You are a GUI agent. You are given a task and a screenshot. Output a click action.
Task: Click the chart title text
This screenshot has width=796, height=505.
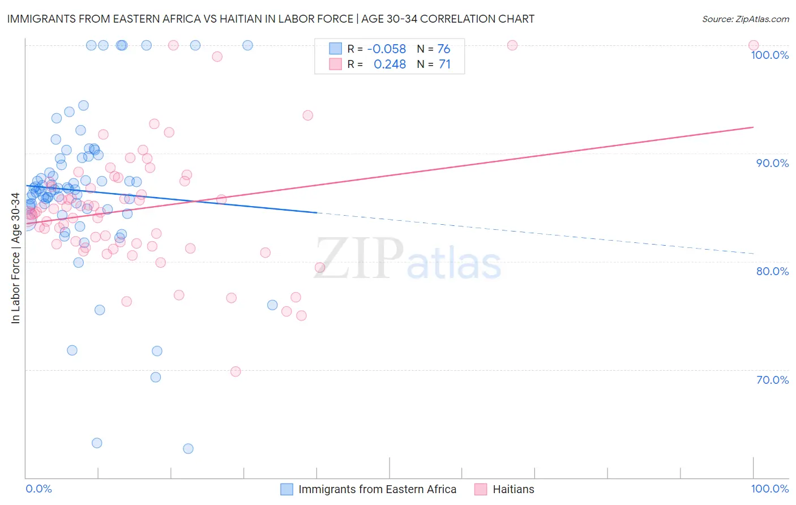(x=271, y=19)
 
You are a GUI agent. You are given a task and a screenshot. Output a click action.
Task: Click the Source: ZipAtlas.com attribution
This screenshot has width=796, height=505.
(x=745, y=19)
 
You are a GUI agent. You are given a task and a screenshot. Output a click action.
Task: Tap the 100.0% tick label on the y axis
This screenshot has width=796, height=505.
(x=769, y=55)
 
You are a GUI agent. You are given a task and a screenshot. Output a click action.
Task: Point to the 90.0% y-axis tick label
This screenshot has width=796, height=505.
(x=772, y=163)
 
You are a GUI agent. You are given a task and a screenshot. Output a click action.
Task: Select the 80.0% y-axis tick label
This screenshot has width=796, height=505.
(x=772, y=271)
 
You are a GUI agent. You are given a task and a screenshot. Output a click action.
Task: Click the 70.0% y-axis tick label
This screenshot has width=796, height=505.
(x=772, y=380)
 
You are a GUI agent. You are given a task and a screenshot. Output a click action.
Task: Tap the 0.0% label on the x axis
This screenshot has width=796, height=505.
(x=38, y=489)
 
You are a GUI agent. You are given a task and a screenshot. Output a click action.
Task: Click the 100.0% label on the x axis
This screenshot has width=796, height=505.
(x=769, y=489)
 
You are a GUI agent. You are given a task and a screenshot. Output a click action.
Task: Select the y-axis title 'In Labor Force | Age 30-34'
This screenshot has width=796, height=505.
(x=15, y=258)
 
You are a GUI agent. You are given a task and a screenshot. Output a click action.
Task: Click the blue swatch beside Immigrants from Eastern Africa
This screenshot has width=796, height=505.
(x=287, y=489)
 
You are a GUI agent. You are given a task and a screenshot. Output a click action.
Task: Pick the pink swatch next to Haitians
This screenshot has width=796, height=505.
(x=481, y=489)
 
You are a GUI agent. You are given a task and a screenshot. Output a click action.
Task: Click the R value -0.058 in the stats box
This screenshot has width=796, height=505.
(x=387, y=49)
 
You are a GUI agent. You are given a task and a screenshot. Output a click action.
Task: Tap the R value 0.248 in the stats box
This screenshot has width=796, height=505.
(x=390, y=65)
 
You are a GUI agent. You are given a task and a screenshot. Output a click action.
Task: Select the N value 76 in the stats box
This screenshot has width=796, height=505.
(x=444, y=49)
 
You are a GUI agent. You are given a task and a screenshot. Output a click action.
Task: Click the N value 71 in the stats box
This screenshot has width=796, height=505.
(x=444, y=65)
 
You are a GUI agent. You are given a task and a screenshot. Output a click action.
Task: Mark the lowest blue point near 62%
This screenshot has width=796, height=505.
(x=188, y=449)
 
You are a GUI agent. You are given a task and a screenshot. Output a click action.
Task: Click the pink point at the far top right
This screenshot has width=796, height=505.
(x=754, y=45)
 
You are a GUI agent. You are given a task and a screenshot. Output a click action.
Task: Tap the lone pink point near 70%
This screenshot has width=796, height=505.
(x=236, y=371)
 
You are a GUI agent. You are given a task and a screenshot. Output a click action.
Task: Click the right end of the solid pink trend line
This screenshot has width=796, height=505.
(x=754, y=127)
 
